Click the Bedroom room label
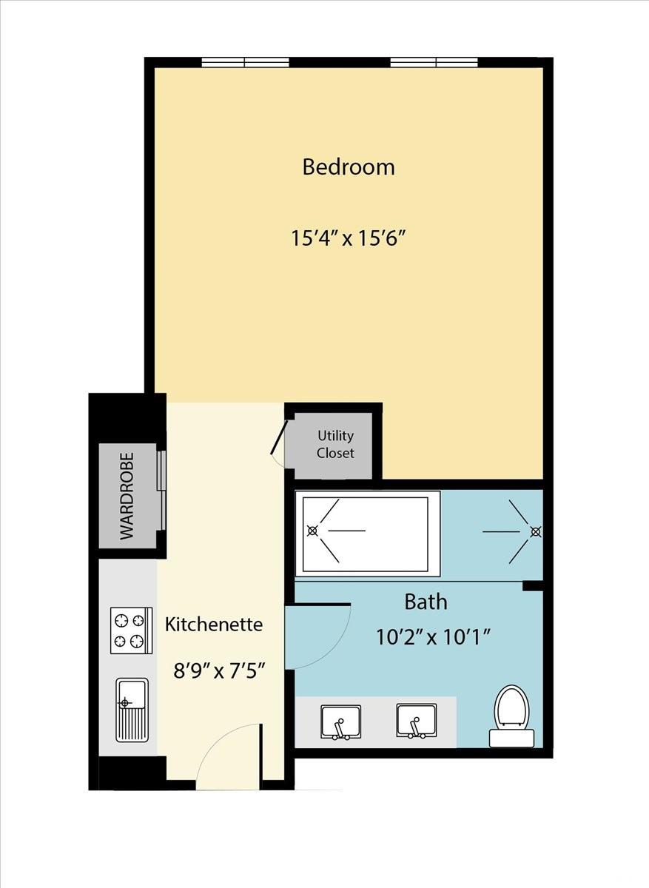coord(349,167)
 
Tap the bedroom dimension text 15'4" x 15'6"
coord(349,238)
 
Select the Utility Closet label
coord(335,444)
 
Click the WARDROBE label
coord(127,496)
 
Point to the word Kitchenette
coord(214,625)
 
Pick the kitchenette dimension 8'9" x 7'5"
coord(219,672)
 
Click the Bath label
coord(426,602)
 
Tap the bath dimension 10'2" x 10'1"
coord(434,638)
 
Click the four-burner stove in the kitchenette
coord(131,630)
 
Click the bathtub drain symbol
coord(313,531)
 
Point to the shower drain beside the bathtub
coord(536,531)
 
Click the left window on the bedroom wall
coord(245,62)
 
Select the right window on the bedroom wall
coord(434,62)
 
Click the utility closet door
coord(278,437)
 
